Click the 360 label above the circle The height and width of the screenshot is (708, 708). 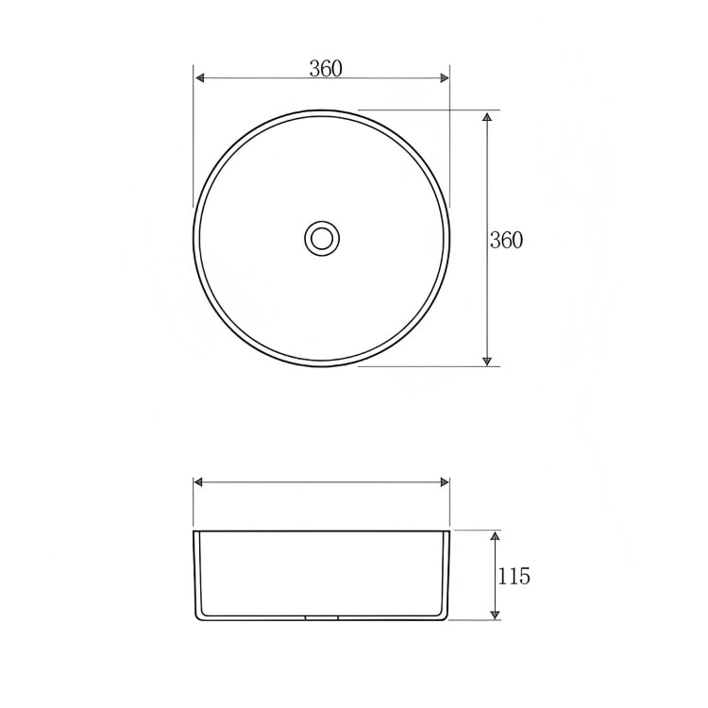(x=326, y=68)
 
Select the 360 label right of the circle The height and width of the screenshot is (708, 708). (x=506, y=240)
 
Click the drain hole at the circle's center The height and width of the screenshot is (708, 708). (x=322, y=237)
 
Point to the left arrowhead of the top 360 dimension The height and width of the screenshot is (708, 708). (x=198, y=79)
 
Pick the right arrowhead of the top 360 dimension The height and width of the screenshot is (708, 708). (x=445, y=79)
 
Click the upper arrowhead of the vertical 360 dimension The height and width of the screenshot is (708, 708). (x=487, y=116)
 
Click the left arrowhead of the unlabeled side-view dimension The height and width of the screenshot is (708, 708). (x=198, y=482)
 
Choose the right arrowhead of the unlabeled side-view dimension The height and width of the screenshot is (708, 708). (x=445, y=482)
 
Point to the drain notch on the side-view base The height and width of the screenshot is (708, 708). (x=322, y=619)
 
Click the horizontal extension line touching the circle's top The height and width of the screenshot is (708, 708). (x=415, y=110)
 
